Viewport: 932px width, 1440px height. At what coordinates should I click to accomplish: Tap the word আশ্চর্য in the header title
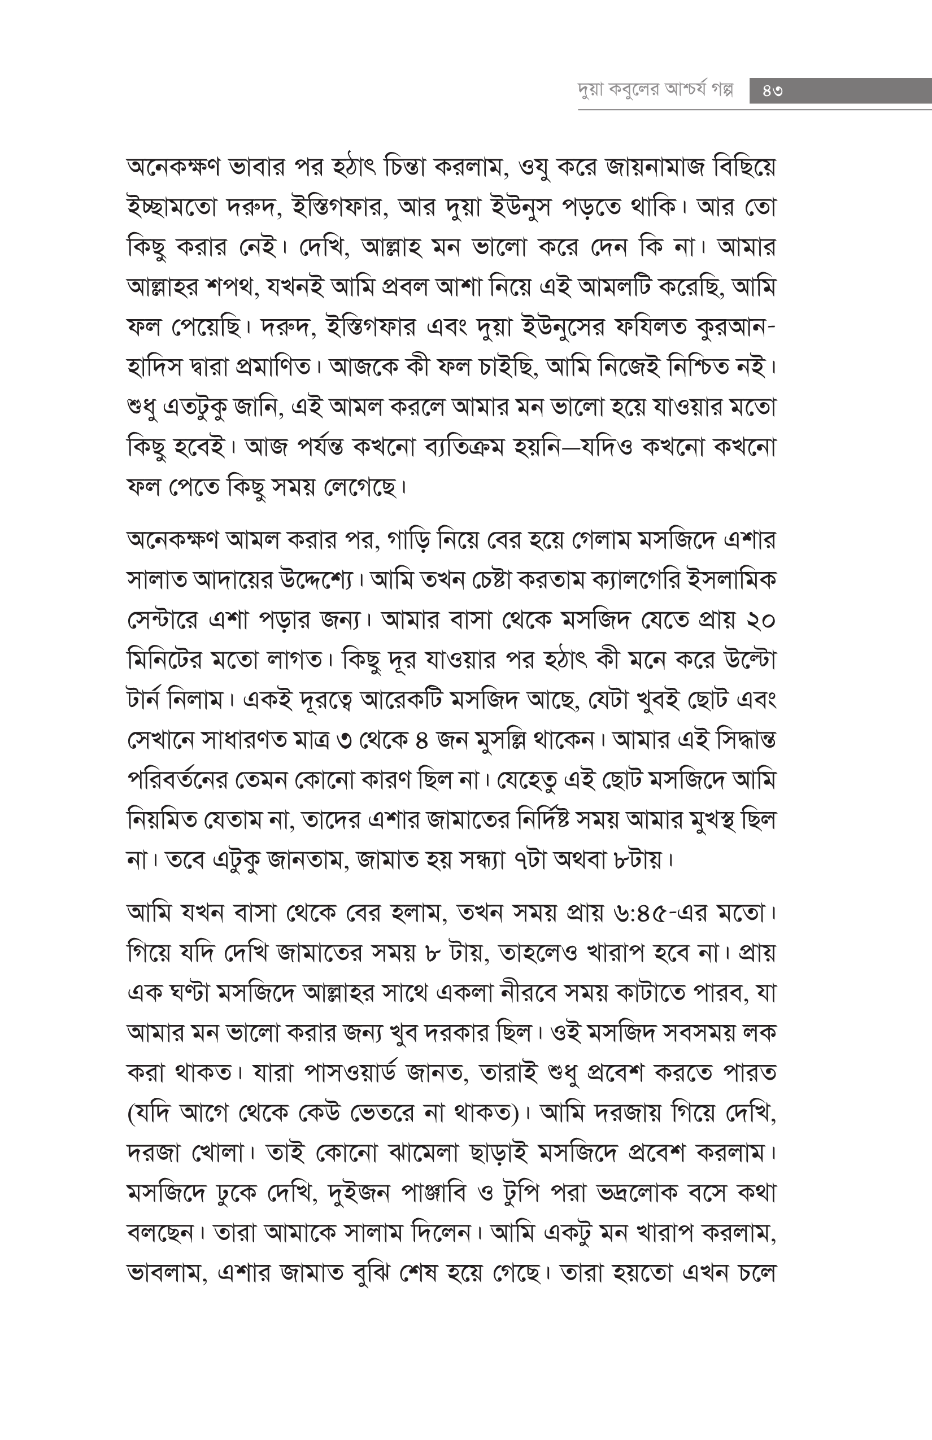click(x=681, y=91)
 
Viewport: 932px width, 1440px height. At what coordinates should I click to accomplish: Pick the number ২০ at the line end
click(x=761, y=621)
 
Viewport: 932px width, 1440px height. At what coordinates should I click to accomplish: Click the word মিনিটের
click(x=162, y=661)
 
